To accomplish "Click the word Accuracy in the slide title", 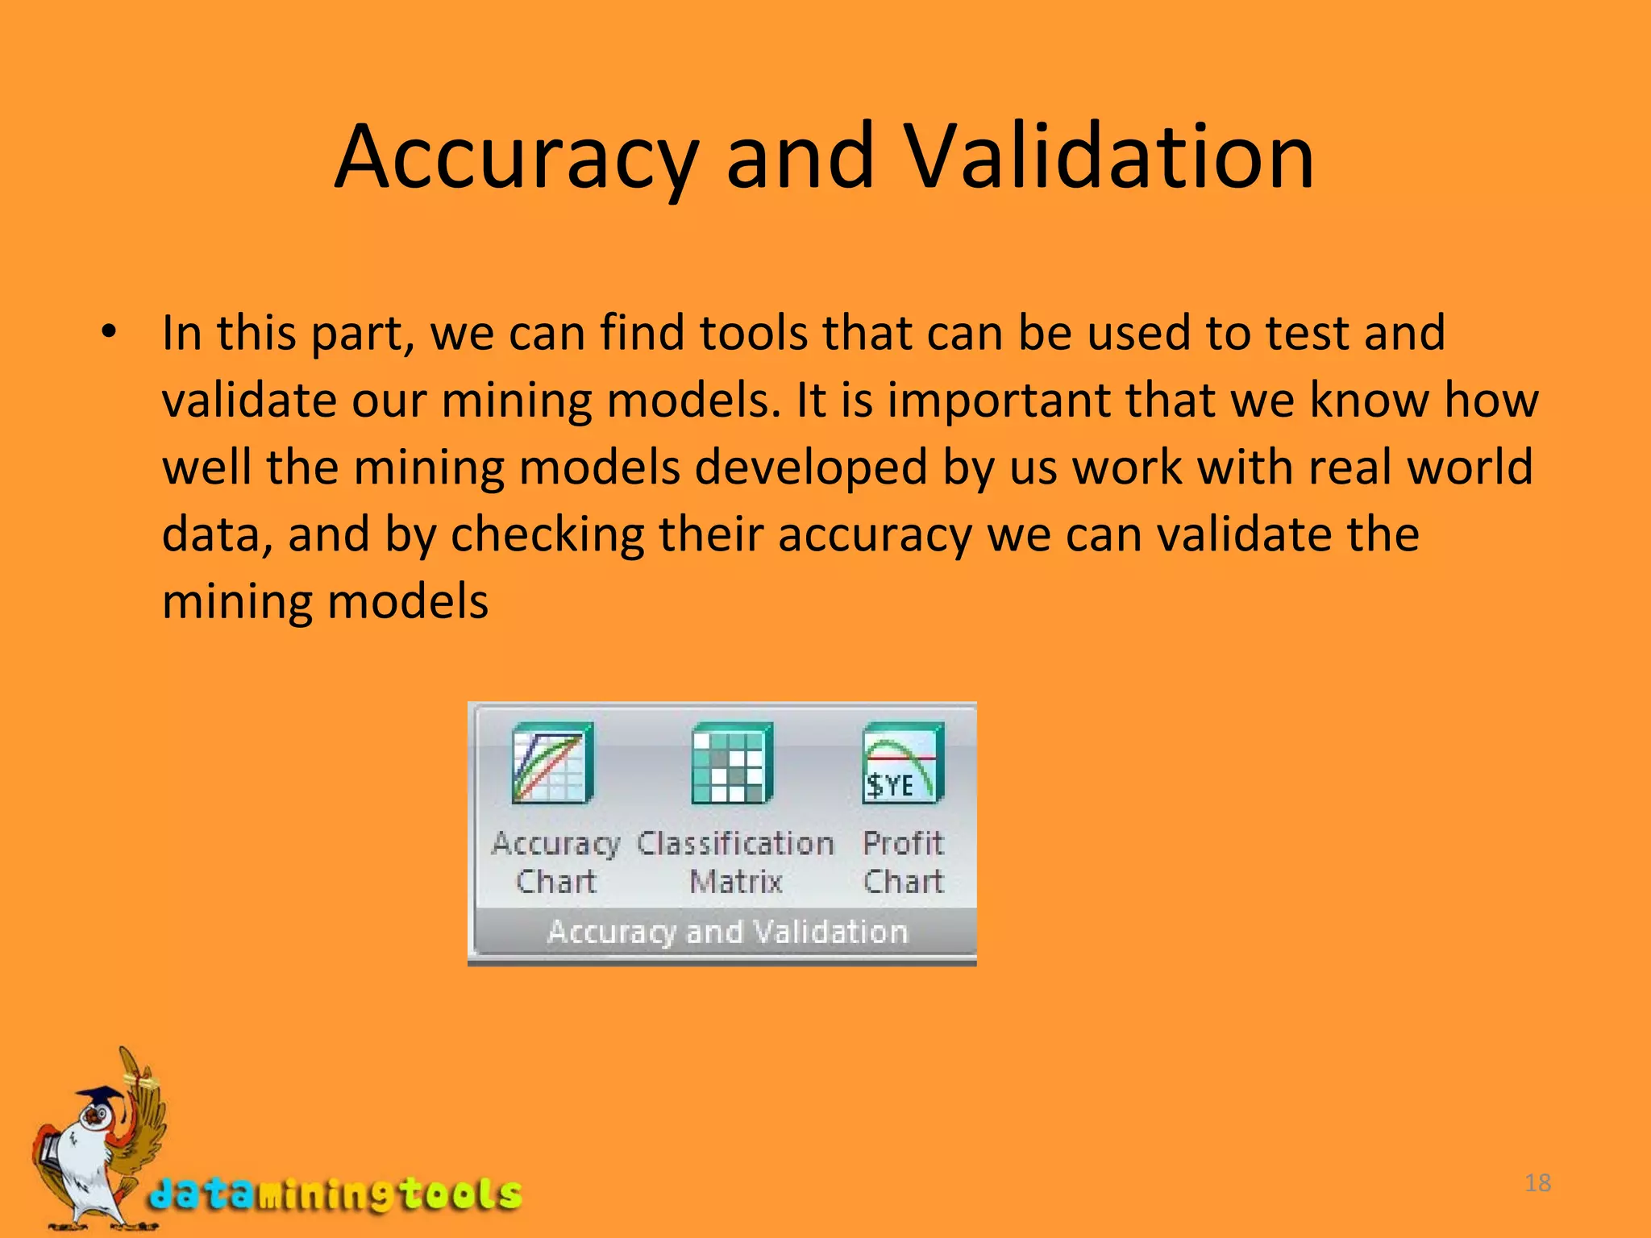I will click(516, 157).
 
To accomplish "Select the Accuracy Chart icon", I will click(552, 762).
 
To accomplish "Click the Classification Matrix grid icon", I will click(731, 762).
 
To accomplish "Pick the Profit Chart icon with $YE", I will click(902, 762).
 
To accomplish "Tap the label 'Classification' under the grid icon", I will click(735, 844).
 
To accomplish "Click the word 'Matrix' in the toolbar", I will click(736, 882).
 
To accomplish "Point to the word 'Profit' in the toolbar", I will click(903, 844).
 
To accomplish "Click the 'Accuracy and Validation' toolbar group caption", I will click(727, 933).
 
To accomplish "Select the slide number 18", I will click(1538, 1183).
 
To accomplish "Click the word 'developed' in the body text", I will click(811, 467).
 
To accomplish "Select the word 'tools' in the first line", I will click(753, 333).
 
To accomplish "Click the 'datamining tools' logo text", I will click(335, 1194).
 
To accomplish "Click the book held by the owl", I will click(50, 1149).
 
